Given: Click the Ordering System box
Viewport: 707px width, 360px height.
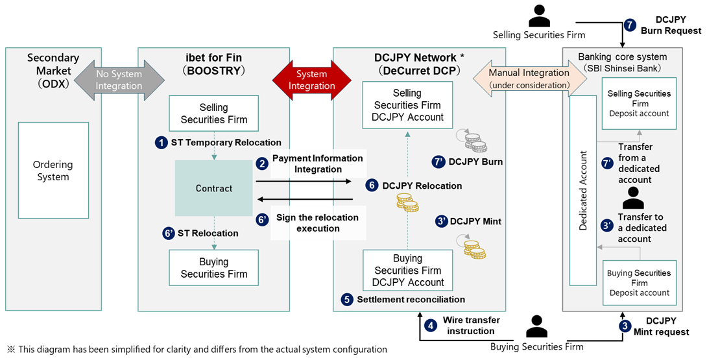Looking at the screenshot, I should coord(53,171).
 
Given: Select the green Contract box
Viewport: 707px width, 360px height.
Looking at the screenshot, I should coord(214,188).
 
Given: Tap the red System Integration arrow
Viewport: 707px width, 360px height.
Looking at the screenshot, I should coord(312,79).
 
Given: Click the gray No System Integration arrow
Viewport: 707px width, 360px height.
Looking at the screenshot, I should coord(119,79).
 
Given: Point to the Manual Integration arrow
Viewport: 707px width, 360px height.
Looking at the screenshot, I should coord(529,78).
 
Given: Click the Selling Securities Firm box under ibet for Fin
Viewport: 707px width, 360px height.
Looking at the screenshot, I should coord(214,113).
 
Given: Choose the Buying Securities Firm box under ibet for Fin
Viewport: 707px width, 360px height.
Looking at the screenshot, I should coord(214,267).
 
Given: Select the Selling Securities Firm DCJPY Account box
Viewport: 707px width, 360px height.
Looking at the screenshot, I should coord(407,106).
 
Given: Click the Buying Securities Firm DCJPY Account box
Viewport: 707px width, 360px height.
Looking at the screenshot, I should coord(407,270).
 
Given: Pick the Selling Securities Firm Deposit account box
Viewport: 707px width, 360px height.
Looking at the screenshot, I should coord(639,103).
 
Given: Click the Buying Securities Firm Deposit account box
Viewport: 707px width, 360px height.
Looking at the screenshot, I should coord(639,282).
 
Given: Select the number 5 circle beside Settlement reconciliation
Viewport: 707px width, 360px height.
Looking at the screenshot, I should coord(347,299).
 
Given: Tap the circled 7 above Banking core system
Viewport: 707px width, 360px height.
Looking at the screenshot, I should coord(630,25).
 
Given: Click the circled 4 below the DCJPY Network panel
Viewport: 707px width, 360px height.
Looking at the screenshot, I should coord(431,326).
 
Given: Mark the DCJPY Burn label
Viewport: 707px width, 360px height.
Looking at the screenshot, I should coord(475,162).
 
